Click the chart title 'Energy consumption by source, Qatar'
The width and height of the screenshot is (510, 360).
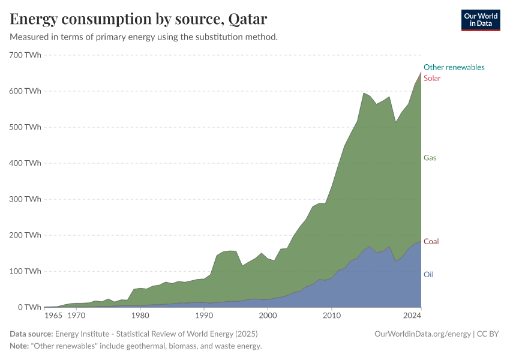[x=139, y=19]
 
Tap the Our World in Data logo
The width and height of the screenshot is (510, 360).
[x=480, y=20]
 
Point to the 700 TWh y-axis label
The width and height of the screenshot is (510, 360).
[x=25, y=55]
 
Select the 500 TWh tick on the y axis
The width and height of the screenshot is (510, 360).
[x=25, y=127]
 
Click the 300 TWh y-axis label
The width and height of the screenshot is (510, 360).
[x=25, y=199]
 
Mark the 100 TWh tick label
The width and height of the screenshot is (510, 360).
[x=25, y=271]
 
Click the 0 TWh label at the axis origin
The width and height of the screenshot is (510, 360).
[x=29, y=307]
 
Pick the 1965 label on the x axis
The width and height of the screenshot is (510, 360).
[x=53, y=315]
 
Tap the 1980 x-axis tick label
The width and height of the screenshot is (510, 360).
[x=140, y=315]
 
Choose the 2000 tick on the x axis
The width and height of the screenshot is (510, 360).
[x=268, y=315]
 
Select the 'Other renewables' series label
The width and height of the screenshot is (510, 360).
[x=454, y=67]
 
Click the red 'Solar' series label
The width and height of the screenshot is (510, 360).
[x=432, y=78]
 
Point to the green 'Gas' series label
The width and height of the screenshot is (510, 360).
[x=430, y=158]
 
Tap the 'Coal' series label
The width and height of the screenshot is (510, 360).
[x=431, y=241]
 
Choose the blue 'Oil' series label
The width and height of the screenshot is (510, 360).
[x=428, y=274]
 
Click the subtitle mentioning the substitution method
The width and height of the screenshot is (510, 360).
[x=143, y=37]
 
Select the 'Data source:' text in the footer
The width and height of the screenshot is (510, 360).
[x=31, y=334]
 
